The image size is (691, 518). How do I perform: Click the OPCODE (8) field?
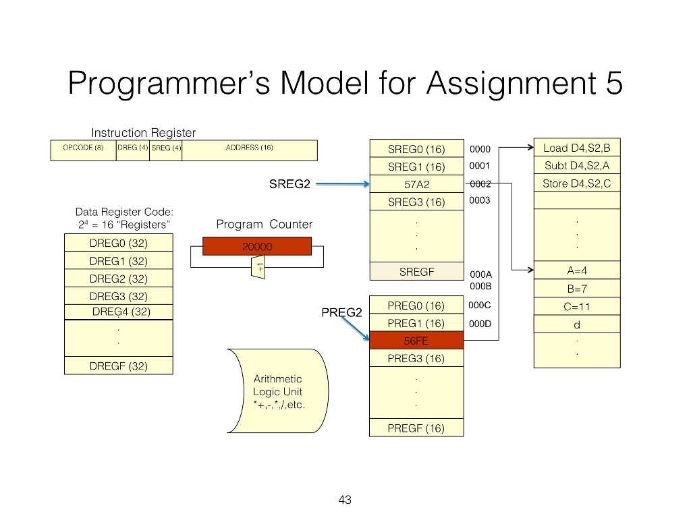83,150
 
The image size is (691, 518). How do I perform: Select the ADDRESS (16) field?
250,150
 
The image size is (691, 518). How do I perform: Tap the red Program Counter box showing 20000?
256,246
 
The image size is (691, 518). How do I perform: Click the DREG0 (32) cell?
118,243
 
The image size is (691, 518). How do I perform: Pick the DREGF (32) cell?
118,366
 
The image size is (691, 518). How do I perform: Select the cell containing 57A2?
416,183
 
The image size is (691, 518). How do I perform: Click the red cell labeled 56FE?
416,341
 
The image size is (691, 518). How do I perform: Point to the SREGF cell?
416,271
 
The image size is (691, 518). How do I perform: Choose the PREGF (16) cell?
416,428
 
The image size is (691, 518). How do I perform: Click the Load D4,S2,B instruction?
576,148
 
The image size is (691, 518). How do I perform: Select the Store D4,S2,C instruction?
576,183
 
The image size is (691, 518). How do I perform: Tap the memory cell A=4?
577,270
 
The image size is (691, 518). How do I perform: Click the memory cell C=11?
577,306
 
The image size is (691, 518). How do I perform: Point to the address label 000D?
480,323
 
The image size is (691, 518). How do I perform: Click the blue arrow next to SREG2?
342,183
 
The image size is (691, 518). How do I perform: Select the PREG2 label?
341,313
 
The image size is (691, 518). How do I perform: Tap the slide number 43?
345,500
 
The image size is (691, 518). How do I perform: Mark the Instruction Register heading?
143,133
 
